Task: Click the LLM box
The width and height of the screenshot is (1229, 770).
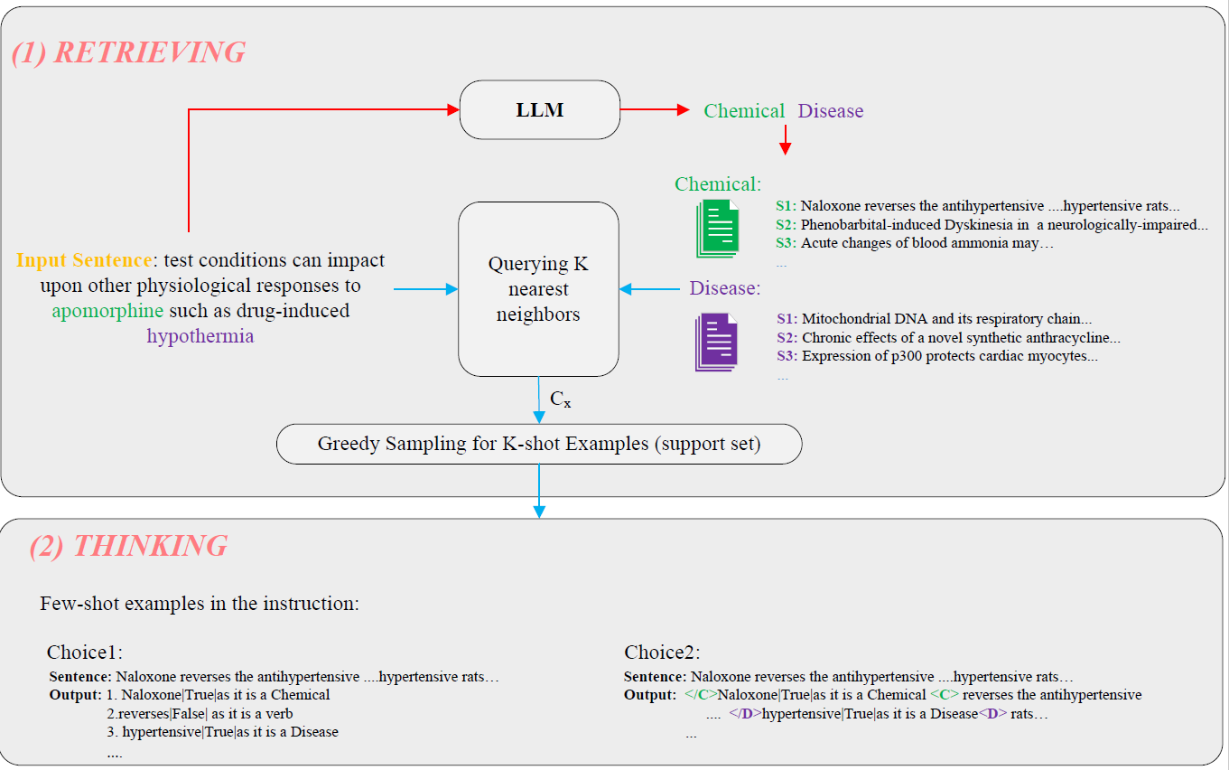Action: (x=540, y=110)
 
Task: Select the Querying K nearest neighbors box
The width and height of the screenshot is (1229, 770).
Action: (x=538, y=289)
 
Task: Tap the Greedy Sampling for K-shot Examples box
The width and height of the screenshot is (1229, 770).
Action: (x=538, y=444)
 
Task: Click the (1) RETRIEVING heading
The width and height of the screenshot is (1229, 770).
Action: (x=128, y=52)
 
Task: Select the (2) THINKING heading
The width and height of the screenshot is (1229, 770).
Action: (x=128, y=546)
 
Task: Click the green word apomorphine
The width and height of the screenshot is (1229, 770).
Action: (x=107, y=311)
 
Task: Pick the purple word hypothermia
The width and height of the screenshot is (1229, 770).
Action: (x=200, y=336)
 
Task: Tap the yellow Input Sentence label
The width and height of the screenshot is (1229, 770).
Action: (x=83, y=260)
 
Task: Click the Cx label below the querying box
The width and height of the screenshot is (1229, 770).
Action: (x=560, y=399)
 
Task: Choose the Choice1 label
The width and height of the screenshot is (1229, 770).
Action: (x=84, y=653)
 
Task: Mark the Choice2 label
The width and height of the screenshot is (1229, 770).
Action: (x=662, y=653)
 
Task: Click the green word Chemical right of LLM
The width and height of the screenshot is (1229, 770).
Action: (x=744, y=111)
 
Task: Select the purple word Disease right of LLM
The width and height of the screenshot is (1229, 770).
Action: (x=830, y=111)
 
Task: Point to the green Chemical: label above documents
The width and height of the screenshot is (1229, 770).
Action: (x=718, y=184)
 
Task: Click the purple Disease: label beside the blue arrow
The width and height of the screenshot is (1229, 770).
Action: (x=725, y=288)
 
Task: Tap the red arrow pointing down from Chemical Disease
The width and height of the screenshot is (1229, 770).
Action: (x=785, y=140)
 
